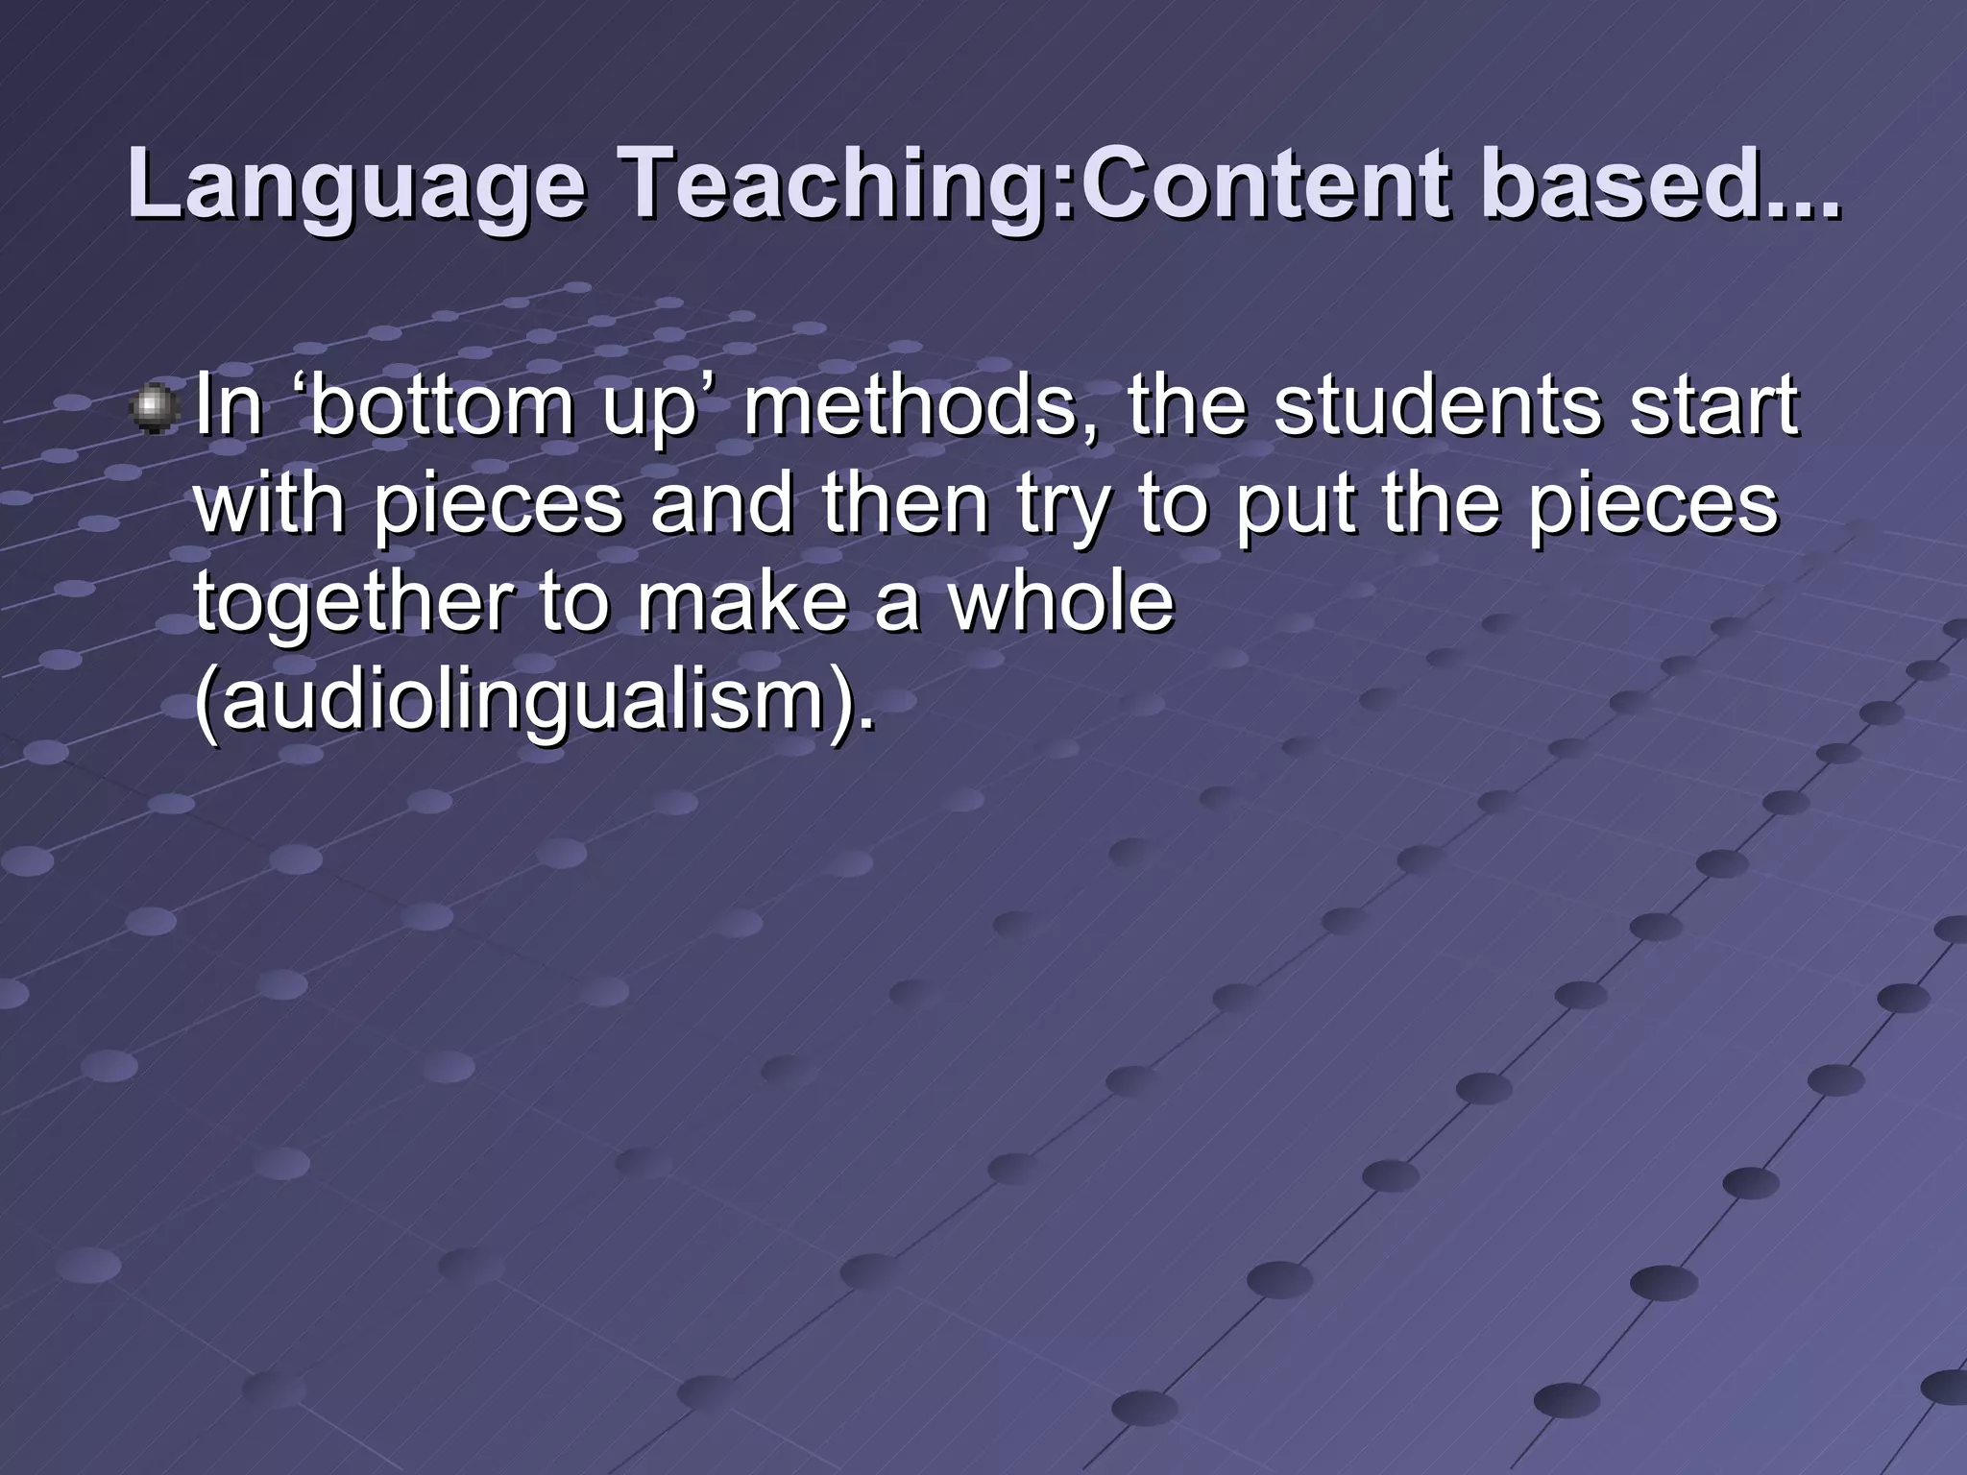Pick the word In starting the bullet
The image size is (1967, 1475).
click(229, 406)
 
